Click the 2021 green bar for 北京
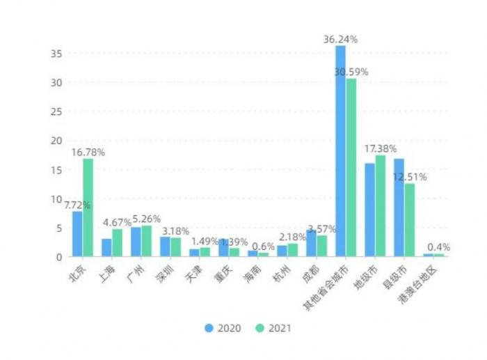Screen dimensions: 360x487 click(88, 208)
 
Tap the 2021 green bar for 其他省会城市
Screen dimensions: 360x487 click(351, 167)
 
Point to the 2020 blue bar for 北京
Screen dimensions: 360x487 click(77, 234)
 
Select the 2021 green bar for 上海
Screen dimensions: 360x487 click(117, 243)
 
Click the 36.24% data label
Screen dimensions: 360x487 click(340, 40)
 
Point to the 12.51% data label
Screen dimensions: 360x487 click(409, 177)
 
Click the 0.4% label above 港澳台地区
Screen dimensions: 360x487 click(439, 247)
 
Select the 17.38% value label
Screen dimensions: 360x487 click(381, 149)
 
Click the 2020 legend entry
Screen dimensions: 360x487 click(223, 328)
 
